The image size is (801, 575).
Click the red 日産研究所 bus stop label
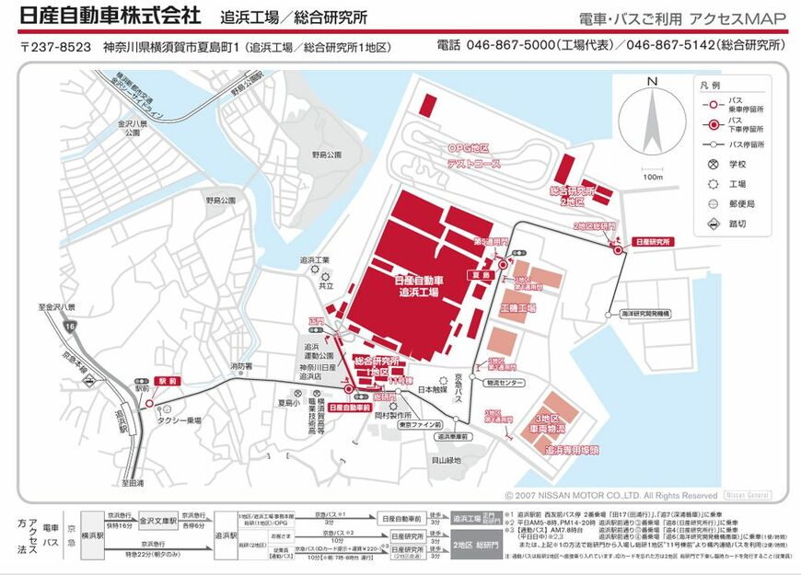(654, 241)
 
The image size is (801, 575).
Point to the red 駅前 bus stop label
(167, 379)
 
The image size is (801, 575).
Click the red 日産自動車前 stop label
(349, 406)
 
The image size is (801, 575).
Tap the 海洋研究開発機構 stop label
(650, 314)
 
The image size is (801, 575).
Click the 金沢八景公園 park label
(127, 128)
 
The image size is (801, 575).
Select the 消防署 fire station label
(241, 366)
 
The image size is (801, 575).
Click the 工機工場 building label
(517, 307)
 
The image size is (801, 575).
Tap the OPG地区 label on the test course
(468, 147)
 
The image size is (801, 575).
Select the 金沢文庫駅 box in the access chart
(157, 521)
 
